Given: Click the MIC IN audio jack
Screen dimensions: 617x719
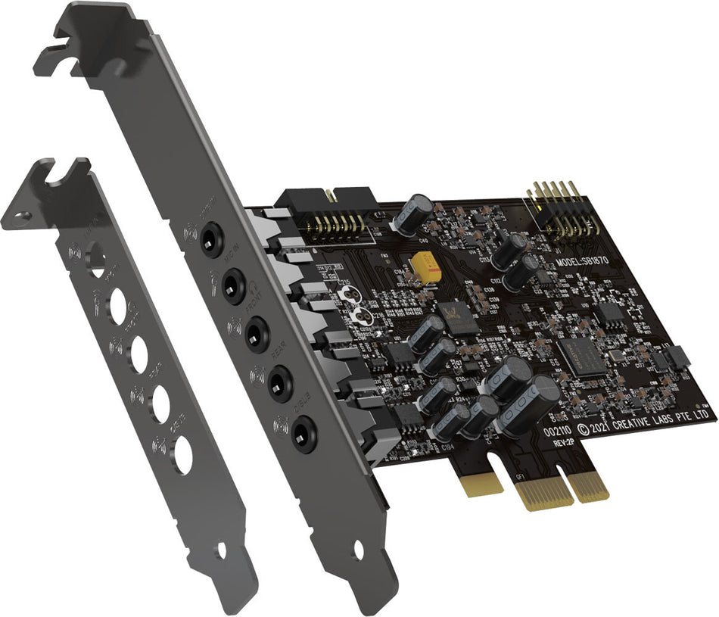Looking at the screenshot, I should point(234,284).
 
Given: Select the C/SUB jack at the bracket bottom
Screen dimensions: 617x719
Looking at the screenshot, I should point(303,432).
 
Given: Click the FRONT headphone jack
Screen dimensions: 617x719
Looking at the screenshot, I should point(257,331).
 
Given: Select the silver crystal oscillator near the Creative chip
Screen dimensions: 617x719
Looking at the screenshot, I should point(614,357).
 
